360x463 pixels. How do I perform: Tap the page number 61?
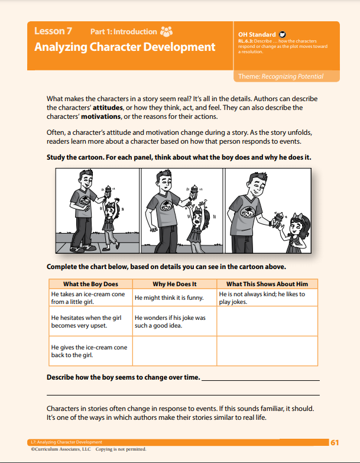(x=335, y=442)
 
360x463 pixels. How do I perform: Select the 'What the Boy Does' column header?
(x=90, y=284)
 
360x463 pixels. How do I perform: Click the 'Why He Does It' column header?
(x=174, y=284)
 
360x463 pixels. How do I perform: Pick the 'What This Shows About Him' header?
(x=267, y=284)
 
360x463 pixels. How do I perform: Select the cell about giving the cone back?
(x=89, y=351)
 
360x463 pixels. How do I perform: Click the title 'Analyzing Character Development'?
(x=125, y=47)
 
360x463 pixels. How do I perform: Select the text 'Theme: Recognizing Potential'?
(x=280, y=76)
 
